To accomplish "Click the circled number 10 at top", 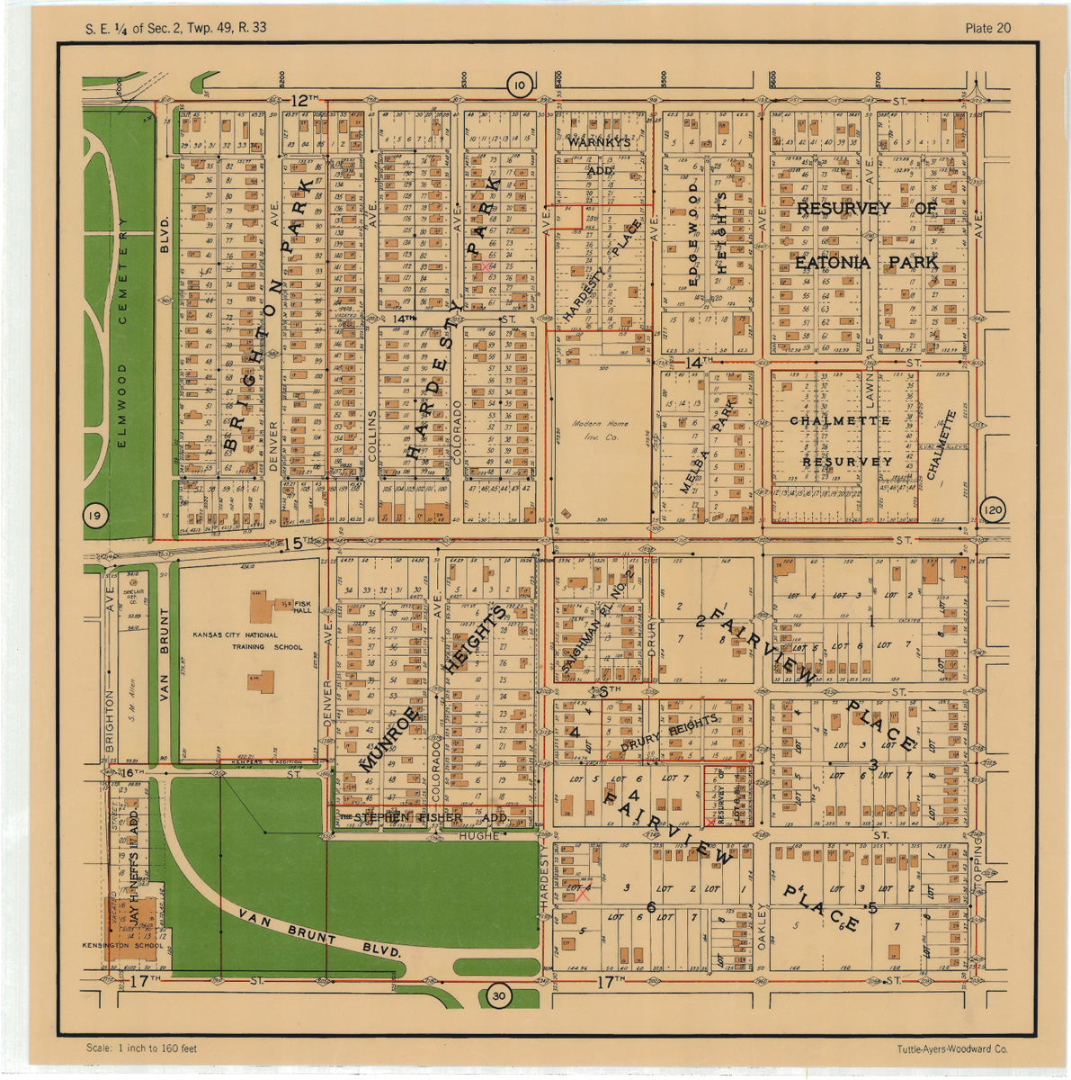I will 519,85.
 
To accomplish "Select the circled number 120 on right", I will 993,510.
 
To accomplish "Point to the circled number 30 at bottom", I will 499,995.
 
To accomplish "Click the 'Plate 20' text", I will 987,28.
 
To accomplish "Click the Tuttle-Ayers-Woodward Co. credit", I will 952,1048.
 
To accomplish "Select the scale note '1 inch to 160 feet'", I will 142,1048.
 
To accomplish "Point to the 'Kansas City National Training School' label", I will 248,641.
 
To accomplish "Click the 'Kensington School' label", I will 134,945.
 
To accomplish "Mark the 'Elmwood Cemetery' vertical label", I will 122,333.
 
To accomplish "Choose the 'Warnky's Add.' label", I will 599,155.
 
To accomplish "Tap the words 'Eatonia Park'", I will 866,263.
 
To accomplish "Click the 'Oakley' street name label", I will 762,928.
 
